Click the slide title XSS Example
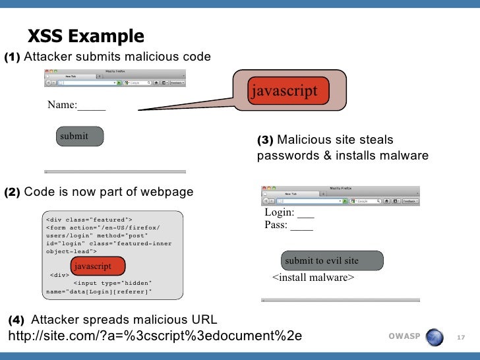click(85, 36)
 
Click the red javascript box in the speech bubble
click(283, 91)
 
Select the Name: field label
click(76, 105)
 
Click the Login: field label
click(289, 213)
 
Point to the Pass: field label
click(288, 225)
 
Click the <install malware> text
click(313, 278)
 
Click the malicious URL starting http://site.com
click(154, 336)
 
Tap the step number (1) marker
click(13, 57)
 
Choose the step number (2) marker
click(13, 193)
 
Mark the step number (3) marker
click(265, 140)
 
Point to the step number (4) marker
click(16, 320)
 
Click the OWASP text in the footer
click(404, 337)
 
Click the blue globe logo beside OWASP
click(435, 337)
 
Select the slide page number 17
click(461, 338)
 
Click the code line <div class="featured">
click(89, 219)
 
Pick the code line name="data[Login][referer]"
click(99, 291)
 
